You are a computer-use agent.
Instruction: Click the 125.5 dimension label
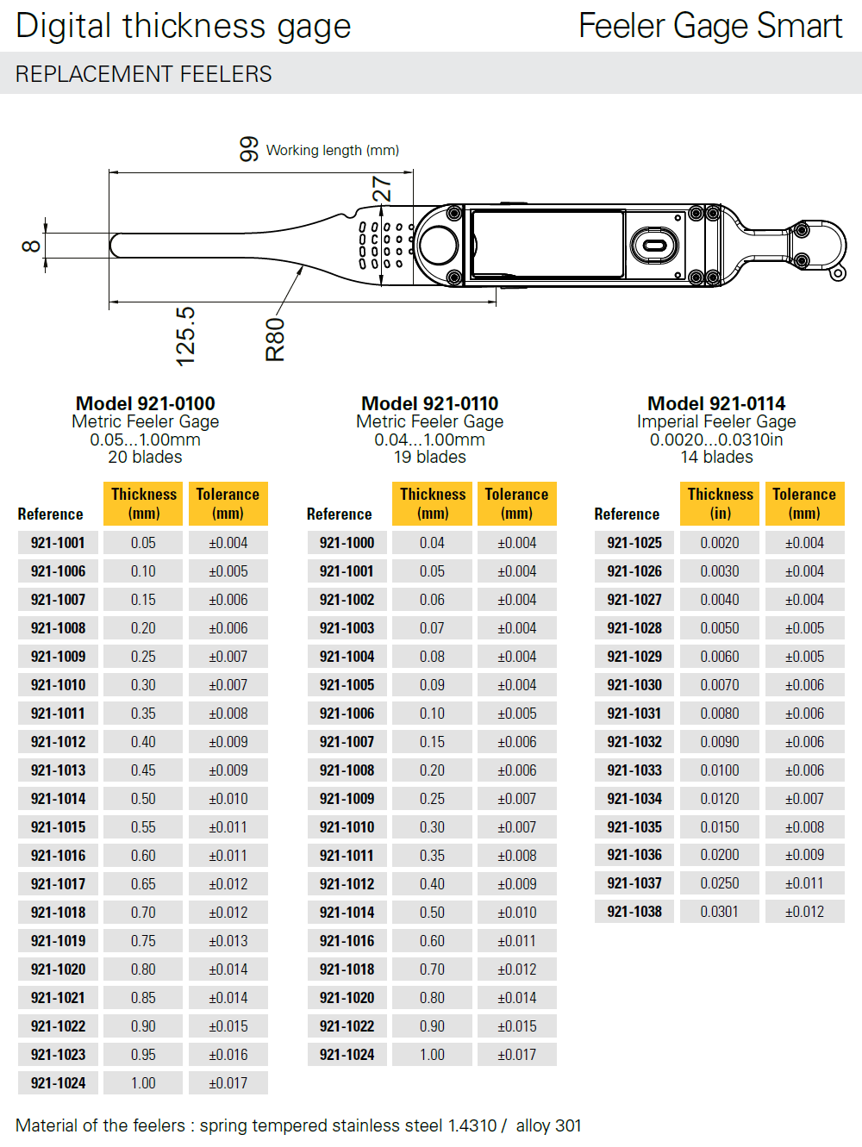(185, 336)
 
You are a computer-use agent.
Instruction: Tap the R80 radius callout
(275, 340)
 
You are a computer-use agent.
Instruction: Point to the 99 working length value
(249, 149)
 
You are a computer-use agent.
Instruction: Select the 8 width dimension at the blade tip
(31, 246)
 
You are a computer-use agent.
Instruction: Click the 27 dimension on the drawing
(382, 189)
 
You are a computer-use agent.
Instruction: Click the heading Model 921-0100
(146, 403)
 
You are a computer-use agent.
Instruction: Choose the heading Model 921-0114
(716, 403)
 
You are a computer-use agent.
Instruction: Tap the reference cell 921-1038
(634, 912)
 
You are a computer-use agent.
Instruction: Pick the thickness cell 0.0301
(719, 912)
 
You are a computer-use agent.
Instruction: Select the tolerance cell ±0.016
(228, 1055)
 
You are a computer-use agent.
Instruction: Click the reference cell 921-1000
(347, 543)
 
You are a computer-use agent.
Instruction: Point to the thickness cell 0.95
(143, 1055)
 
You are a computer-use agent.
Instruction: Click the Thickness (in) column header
(720, 503)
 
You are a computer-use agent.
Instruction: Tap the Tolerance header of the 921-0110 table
(516, 503)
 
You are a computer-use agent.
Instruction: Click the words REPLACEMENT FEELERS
(144, 74)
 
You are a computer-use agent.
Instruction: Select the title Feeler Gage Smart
(710, 26)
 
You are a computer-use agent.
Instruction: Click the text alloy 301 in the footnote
(548, 1125)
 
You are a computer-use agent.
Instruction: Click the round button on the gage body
(439, 245)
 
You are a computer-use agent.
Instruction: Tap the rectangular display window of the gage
(547, 245)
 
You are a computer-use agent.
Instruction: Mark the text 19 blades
(429, 457)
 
